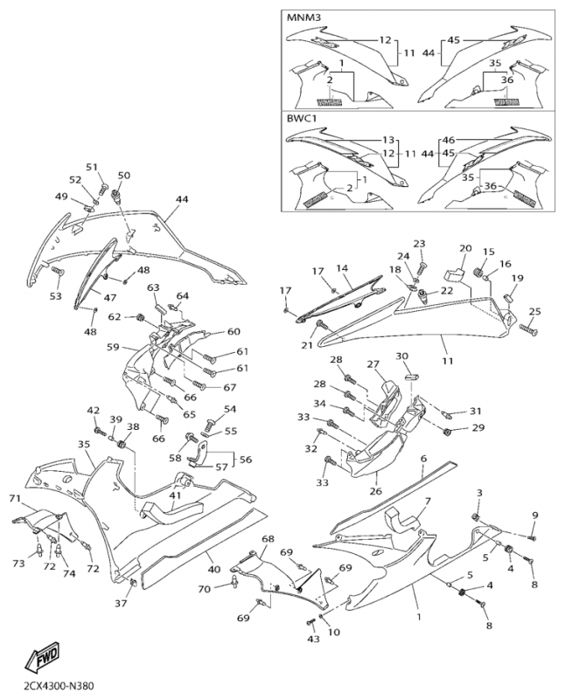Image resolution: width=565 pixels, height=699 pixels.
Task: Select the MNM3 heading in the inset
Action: (x=303, y=17)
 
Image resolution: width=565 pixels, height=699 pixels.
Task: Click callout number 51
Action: (x=92, y=167)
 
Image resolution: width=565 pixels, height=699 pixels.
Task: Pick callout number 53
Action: (x=55, y=297)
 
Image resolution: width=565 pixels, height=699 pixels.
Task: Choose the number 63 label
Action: (x=153, y=287)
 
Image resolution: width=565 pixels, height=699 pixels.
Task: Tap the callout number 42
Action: (x=93, y=411)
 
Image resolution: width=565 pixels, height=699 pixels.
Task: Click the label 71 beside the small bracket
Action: (x=14, y=498)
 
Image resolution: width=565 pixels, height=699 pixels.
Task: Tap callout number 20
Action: (x=465, y=249)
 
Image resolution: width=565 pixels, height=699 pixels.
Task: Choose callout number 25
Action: (x=534, y=311)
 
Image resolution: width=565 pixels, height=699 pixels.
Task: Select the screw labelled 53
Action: (x=60, y=273)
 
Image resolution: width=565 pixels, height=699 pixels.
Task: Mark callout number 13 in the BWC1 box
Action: (x=389, y=140)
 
